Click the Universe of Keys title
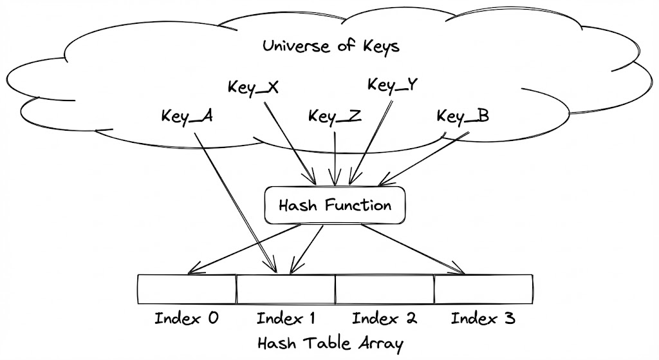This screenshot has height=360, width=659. pyautogui.click(x=331, y=46)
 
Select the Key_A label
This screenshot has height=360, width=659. pyautogui.click(x=187, y=117)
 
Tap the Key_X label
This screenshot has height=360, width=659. pyautogui.click(x=253, y=88)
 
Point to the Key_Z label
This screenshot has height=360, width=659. pyautogui.click(x=334, y=117)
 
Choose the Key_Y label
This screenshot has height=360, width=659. pyautogui.click(x=392, y=85)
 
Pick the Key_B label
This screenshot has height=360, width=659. pyautogui.click(x=463, y=117)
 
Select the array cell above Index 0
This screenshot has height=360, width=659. pyautogui.click(x=187, y=289)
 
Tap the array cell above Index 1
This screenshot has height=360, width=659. pyautogui.click(x=286, y=289)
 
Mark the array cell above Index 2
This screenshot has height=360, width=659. pyautogui.click(x=384, y=289)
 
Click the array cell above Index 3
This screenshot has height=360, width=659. pyautogui.click(x=483, y=289)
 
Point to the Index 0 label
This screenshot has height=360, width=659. pyautogui.click(x=187, y=318)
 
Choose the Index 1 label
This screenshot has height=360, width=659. pyautogui.click(x=286, y=318)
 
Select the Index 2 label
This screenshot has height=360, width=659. pyautogui.click(x=384, y=318)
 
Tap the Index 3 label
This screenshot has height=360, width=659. pyautogui.click(x=483, y=318)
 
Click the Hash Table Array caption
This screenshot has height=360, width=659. pyautogui.click(x=329, y=342)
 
